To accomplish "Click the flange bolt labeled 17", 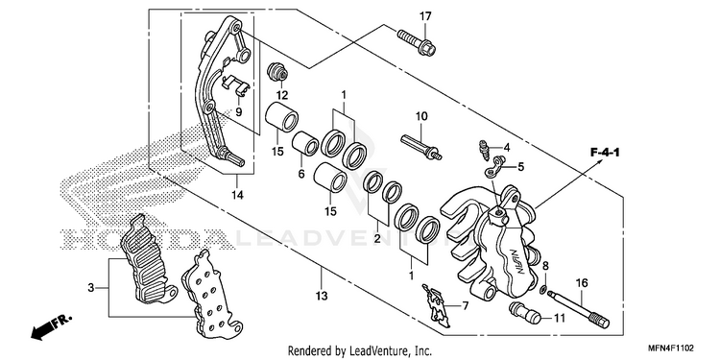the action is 416,41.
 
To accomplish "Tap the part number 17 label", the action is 425,16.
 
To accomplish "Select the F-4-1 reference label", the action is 604,153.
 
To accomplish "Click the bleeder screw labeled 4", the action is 483,150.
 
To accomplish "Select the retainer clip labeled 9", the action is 234,84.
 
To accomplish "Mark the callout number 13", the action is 322,297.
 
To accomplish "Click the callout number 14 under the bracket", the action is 237,195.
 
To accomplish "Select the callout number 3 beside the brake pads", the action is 90,288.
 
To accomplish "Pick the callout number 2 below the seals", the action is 377,238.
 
